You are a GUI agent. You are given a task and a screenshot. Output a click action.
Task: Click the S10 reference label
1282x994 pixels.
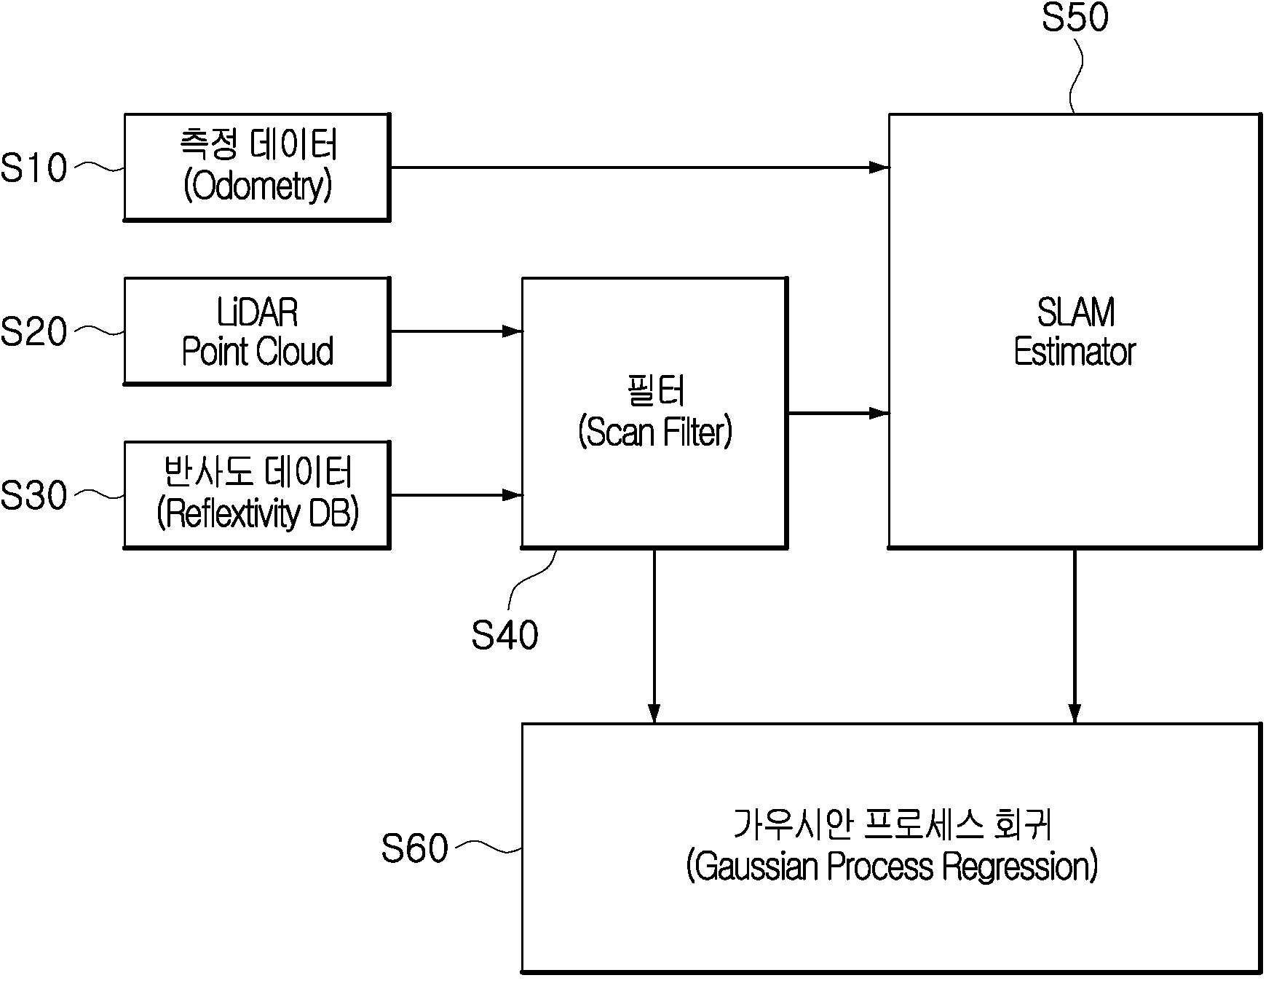coord(33,168)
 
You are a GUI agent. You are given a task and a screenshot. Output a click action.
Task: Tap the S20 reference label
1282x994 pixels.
coord(33,332)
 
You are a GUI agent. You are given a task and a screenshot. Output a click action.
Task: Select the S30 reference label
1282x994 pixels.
coord(33,496)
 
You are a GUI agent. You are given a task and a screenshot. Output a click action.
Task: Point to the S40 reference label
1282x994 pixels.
coord(505,635)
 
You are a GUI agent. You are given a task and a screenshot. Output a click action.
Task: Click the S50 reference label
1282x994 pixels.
coord(1075,17)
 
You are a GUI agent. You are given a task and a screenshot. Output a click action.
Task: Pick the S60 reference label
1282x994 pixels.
coord(414,848)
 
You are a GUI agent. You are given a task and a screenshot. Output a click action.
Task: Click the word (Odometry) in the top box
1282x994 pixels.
coord(258,186)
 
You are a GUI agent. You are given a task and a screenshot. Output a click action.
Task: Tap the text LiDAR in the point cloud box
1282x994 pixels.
coord(258,313)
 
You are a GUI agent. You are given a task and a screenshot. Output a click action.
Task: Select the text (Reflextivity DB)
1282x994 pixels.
coord(258,513)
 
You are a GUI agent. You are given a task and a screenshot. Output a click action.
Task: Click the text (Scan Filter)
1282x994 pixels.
coord(655,433)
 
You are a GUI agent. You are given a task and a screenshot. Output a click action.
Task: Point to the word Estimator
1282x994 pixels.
coord(1075,352)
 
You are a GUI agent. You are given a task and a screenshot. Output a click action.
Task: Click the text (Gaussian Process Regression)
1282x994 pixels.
coord(892,867)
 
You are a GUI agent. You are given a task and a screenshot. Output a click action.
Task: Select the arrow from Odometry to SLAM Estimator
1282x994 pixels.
coord(639,167)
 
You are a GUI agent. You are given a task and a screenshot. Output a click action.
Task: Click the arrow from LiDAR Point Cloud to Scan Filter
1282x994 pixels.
coord(456,331)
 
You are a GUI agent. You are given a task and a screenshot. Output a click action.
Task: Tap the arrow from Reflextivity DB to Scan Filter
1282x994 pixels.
coord(456,495)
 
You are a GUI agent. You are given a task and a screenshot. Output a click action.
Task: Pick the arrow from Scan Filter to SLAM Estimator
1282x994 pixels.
coord(838,414)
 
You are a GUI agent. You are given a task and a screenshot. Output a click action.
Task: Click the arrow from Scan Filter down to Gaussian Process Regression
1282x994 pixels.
coord(654,636)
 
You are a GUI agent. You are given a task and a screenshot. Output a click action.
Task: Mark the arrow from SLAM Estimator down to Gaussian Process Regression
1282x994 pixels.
coord(1075,636)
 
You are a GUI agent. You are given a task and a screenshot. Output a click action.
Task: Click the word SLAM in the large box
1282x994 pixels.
coord(1075,313)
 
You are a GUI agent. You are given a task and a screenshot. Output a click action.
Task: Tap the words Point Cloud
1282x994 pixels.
coord(258,352)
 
